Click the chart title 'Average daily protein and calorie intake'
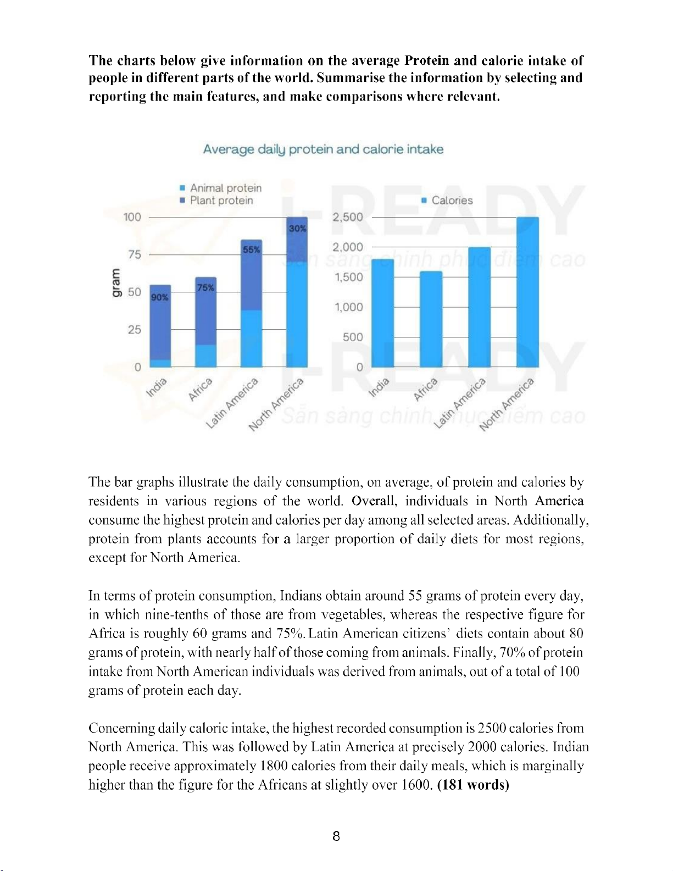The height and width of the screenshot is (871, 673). [323, 149]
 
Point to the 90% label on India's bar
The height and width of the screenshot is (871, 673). [159, 297]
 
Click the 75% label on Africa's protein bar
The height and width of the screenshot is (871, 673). [205, 287]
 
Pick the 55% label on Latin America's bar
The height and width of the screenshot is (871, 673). [251, 249]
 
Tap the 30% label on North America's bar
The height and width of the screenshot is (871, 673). [297, 228]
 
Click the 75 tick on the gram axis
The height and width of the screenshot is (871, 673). [135, 254]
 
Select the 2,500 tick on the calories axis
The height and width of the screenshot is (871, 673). [348, 217]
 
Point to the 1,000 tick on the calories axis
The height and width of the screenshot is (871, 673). [349, 307]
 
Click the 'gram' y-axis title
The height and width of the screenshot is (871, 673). [115, 283]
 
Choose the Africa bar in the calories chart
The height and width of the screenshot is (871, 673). [431, 319]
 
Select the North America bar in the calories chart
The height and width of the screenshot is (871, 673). [527, 291]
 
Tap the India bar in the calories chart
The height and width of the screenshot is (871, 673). [383, 313]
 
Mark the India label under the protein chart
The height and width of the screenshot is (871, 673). [156, 387]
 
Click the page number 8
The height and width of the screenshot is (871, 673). [336, 836]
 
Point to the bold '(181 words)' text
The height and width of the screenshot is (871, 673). [473, 785]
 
